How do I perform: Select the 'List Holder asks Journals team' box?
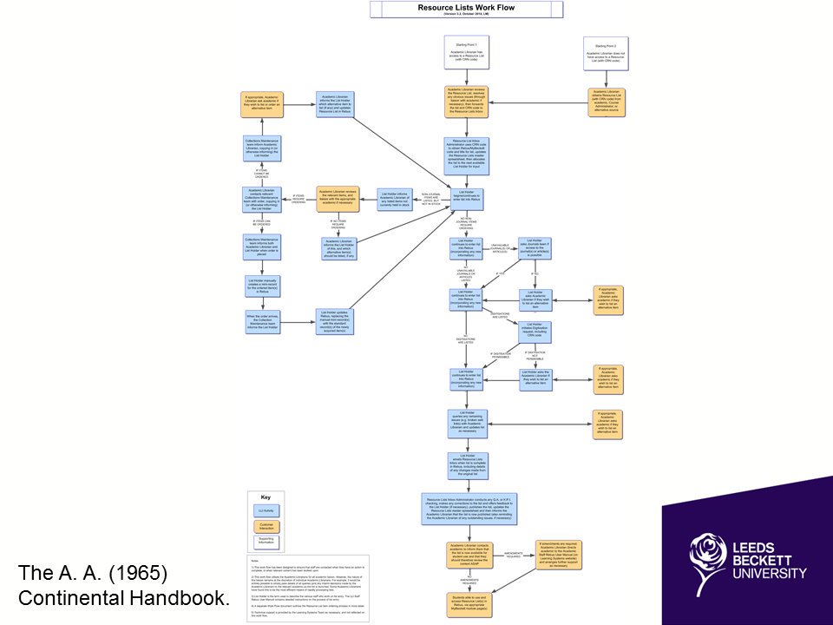535,249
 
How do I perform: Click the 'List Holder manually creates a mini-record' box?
260,286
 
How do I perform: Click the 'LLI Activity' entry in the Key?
266,511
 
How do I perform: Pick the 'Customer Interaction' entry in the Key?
266,526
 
